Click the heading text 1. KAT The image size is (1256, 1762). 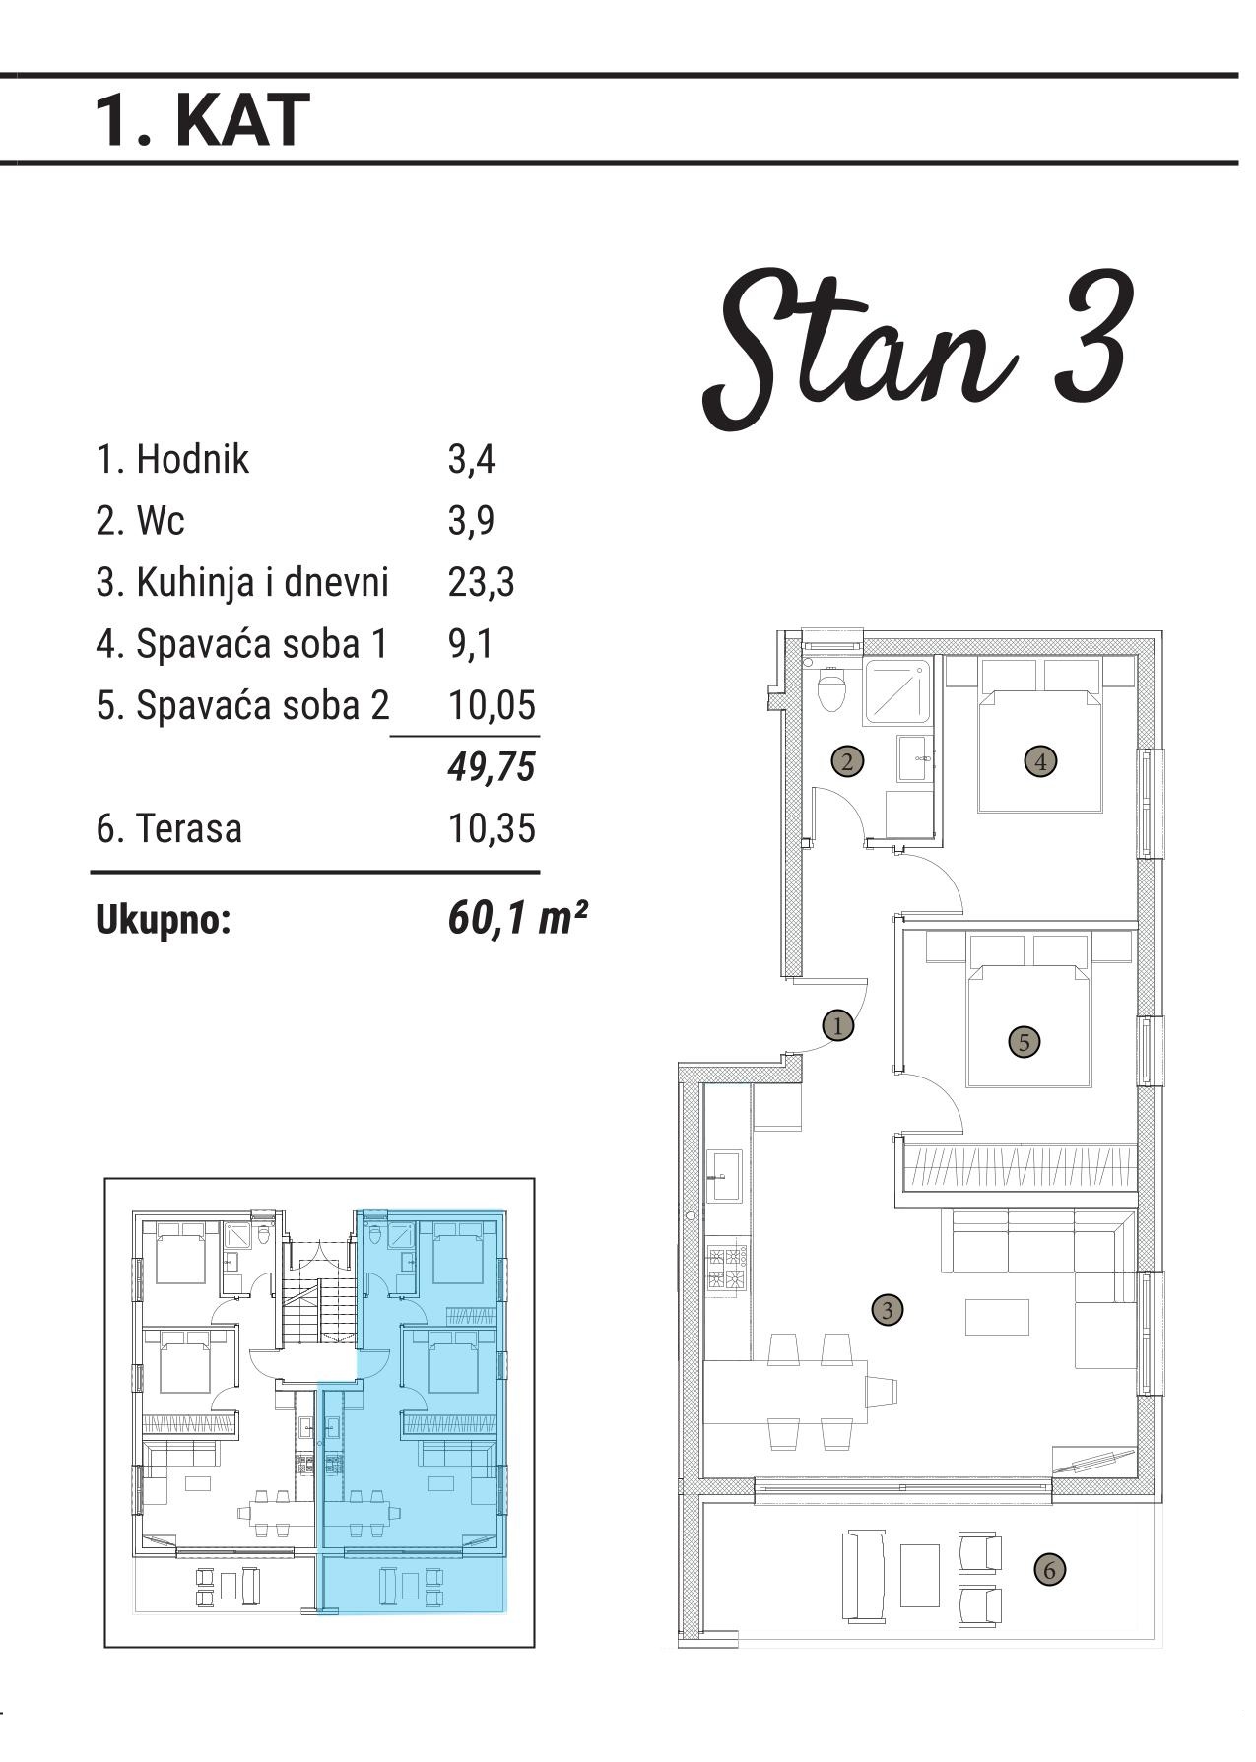[x=202, y=120]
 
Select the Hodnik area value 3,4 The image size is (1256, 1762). [x=471, y=460]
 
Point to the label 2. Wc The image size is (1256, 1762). [x=140, y=521]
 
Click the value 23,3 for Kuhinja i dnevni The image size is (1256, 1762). [x=481, y=582]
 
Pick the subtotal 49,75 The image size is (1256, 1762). [x=492, y=766]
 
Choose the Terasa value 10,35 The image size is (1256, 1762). [x=493, y=828]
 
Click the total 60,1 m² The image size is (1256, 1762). [x=517, y=919]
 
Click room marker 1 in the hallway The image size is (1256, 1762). [x=838, y=1025]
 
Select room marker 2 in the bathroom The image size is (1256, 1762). [x=848, y=760]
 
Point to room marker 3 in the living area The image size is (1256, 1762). [x=888, y=1310]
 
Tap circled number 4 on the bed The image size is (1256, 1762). [x=1040, y=760]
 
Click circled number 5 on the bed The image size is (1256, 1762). [x=1025, y=1042]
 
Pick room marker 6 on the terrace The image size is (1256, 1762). [x=1050, y=1569]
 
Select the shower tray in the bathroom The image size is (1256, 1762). [x=896, y=694]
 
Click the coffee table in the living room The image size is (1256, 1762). [x=997, y=1317]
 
